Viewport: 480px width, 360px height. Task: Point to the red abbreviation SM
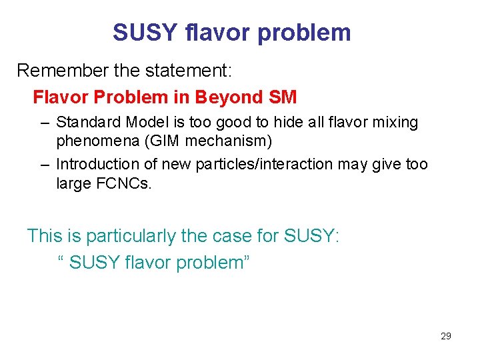tap(282, 97)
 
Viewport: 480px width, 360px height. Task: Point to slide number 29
tap(446, 336)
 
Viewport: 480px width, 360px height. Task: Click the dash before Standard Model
tap(44, 123)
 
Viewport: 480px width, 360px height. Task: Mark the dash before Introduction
tap(44, 165)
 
